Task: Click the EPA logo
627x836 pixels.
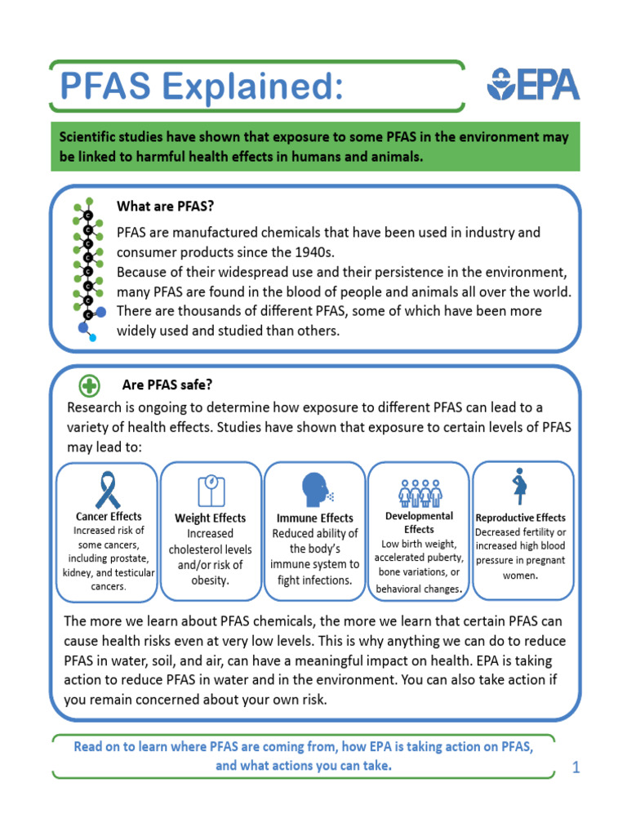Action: (x=533, y=84)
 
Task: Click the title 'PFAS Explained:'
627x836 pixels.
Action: (x=195, y=86)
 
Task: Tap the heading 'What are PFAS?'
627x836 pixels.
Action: (x=166, y=206)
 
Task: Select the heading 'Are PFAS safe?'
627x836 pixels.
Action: (x=167, y=385)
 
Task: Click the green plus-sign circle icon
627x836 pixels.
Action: (x=89, y=385)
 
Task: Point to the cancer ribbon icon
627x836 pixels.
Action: (x=107, y=489)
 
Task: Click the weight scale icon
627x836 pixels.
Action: (x=211, y=490)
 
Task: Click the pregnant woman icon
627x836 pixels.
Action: (x=518, y=487)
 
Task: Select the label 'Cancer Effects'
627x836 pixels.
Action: (x=109, y=516)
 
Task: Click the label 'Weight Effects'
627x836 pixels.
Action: (x=211, y=518)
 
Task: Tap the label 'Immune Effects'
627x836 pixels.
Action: (x=315, y=518)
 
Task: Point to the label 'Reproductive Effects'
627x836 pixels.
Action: (x=520, y=518)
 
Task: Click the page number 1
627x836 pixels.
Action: (x=576, y=767)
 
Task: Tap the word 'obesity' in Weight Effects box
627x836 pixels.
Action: (x=211, y=580)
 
